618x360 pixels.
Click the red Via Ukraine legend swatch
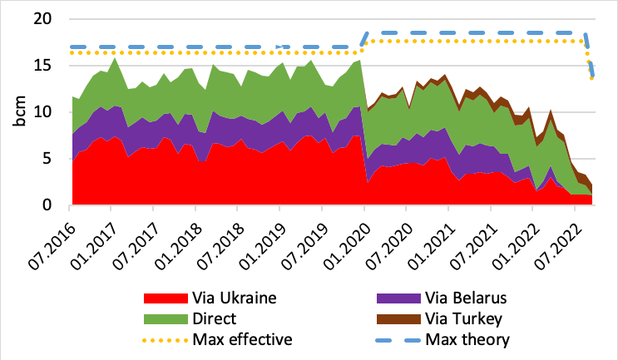click(x=165, y=298)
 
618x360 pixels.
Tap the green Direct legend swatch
click(x=165, y=318)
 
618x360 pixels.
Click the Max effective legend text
click(x=241, y=339)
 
